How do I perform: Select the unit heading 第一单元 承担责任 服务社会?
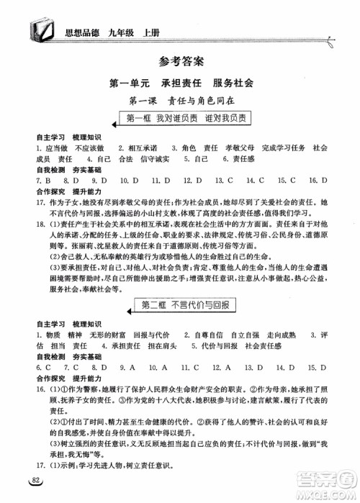click(180, 83)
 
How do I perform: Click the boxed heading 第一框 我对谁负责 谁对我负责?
click(179, 119)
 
